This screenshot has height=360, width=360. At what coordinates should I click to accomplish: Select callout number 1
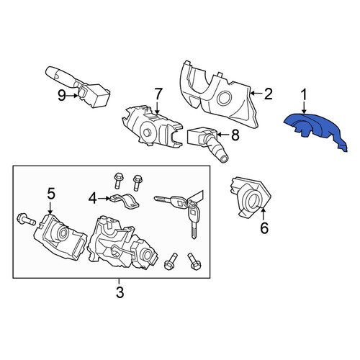point(304,95)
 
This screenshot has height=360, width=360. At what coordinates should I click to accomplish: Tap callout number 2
point(268,94)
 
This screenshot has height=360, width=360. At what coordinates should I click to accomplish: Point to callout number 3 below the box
point(120,292)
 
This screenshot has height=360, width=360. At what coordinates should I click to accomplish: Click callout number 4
point(93,199)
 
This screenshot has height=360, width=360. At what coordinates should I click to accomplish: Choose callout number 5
point(51,194)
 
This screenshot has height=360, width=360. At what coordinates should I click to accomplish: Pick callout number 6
point(264,228)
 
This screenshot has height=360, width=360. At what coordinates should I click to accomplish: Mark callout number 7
point(158,94)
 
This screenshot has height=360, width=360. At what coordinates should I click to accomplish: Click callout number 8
point(235,135)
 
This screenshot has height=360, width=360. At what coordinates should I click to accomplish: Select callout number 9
point(62,96)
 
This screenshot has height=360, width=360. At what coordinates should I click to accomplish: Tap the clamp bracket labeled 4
point(125,201)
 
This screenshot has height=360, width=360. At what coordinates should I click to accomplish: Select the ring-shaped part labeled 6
point(250,197)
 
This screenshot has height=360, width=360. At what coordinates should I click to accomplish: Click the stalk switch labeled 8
point(207,143)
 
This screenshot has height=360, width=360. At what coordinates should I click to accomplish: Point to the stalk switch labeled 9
point(78,86)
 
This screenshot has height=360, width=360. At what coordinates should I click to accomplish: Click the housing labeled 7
point(152,127)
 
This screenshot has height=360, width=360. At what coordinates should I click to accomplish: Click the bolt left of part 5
point(26,220)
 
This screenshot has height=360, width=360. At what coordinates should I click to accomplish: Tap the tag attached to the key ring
point(197,196)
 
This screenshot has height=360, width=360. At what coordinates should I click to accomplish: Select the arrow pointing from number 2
point(256,93)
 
